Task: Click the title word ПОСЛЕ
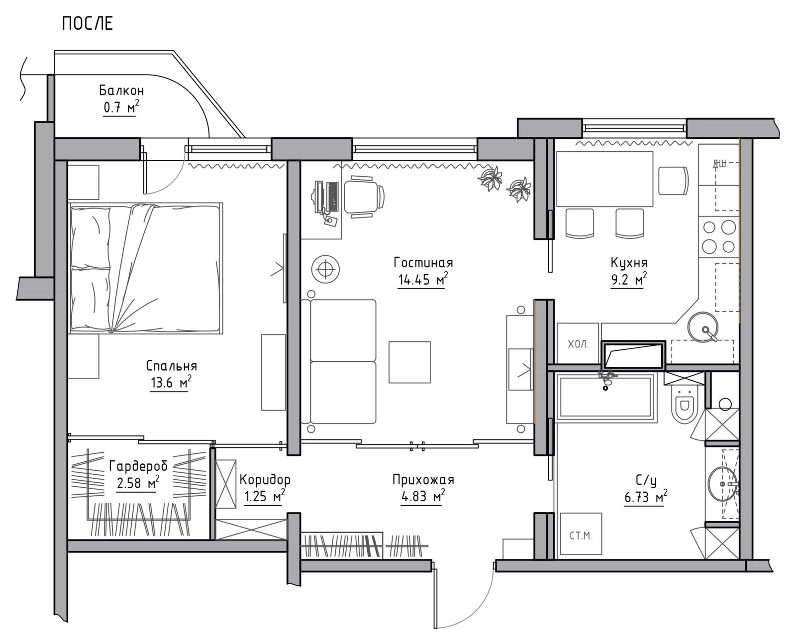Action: coord(87,23)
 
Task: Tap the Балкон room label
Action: coord(121,91)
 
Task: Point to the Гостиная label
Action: coord(423,263)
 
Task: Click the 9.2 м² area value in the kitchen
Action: coord(629,280)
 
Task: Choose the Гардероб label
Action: coord(138,466)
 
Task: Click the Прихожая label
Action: coord(423,480)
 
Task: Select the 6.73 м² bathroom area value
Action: coord(646,498)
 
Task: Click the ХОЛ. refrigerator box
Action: coord(578,343)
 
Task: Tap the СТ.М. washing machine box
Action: coord(581,534)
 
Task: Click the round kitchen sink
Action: coord(703,327)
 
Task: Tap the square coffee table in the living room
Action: coord(409,362)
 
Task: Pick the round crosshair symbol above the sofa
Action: coord(325,269)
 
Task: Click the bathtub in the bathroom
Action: coord(606,397)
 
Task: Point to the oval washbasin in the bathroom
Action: coord(722,484)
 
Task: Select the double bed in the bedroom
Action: coord(146,268)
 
